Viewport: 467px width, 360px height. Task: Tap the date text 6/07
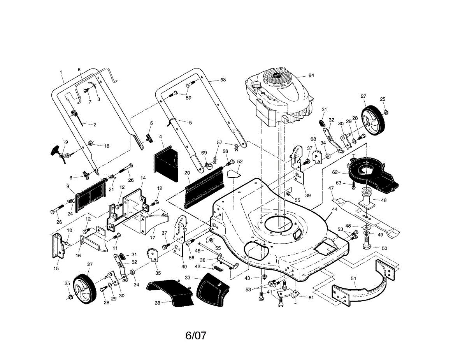click(x=196, y=335)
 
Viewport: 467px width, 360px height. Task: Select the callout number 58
click(x=223, y=80)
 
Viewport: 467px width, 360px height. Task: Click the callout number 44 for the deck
click(x=335, y=209)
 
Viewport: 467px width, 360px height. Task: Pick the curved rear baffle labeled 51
click(x=363, y=283)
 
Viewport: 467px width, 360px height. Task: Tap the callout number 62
click(x=335, y=172)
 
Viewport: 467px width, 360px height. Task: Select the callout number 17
click(x=153, y=237)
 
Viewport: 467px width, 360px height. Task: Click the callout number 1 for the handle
click(x=61, y=72)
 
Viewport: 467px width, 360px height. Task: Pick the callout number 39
click(x=308, y=196)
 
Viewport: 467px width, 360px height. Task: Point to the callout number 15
click(x=56, y=269)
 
